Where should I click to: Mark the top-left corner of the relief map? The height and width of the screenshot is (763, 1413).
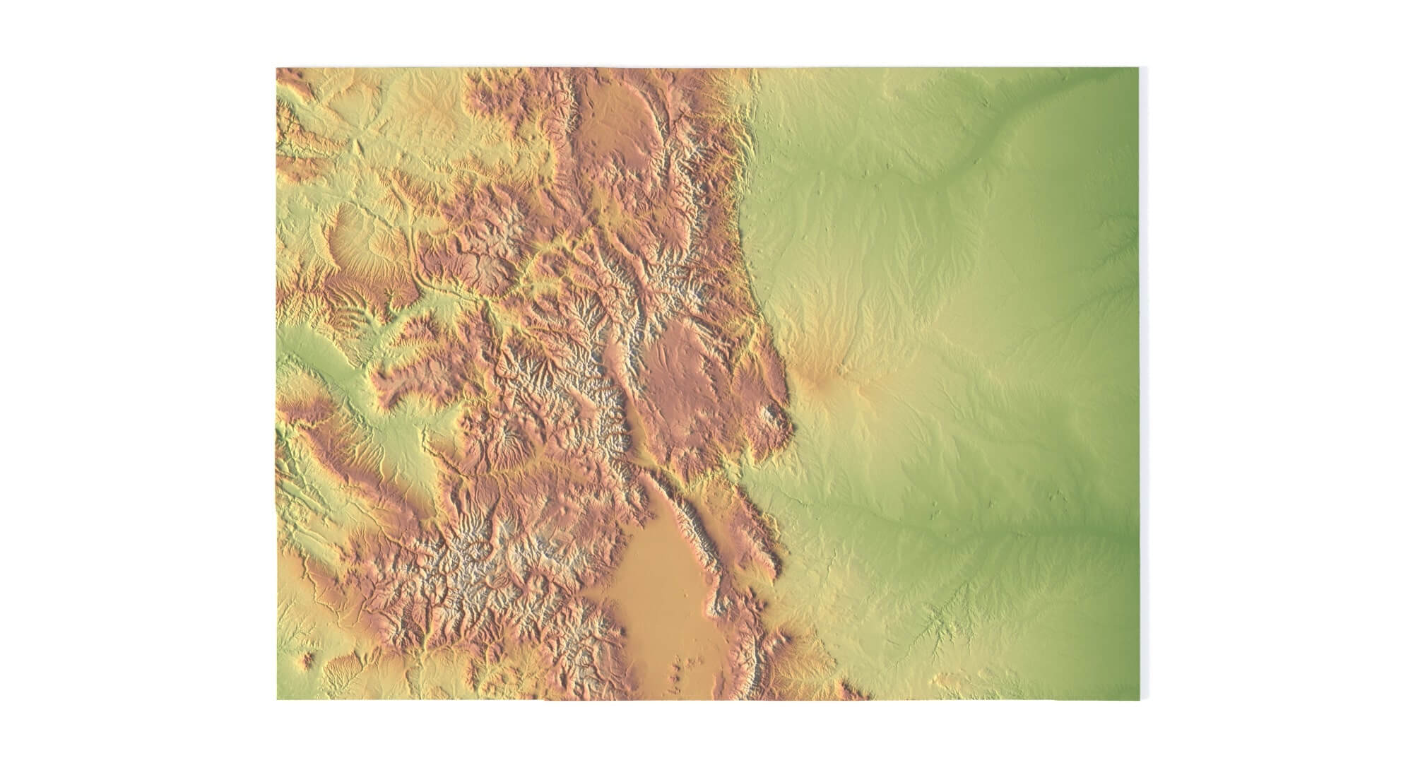277,69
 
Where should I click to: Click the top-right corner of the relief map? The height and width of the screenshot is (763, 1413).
1139,69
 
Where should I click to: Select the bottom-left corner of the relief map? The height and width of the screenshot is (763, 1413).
277,699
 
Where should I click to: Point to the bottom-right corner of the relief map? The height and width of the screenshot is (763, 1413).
1139,699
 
